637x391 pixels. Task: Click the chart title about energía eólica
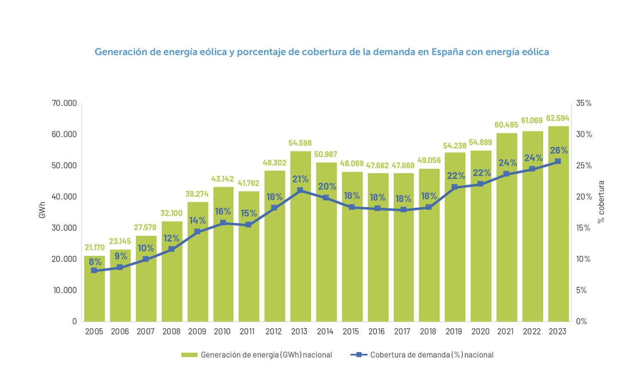coord(321,52)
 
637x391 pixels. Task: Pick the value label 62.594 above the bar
coord(557,118)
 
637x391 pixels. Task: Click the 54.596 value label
coord(300,143)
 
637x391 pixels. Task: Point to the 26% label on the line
coord(559,151)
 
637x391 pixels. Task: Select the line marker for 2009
coord(197,231)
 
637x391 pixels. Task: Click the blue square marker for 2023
coord(558,161)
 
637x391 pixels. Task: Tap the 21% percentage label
coord(300,179)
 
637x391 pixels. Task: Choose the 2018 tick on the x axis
coord(428,332)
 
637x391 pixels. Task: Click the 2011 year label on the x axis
coord(247,332)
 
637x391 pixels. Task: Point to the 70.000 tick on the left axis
coord(64,103)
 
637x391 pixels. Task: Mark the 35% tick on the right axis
coord(584,103)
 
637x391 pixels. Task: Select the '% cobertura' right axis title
coord(601,202)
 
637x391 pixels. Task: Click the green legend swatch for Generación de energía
coord(189,355)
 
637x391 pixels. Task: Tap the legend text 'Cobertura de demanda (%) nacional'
coord(432,355)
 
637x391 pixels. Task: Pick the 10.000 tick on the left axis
coord(65,290)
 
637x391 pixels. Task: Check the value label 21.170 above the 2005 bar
coord(95,248)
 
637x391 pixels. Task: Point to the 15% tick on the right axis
coord(583,228)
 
